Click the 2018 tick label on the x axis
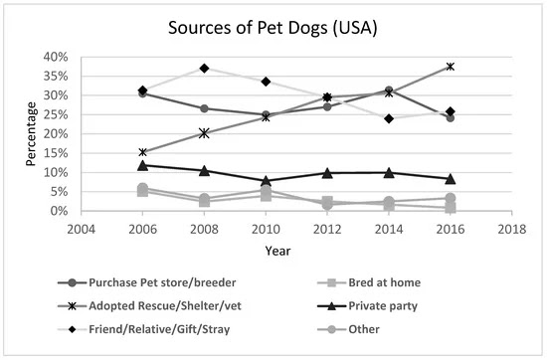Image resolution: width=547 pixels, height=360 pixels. coord(513,227)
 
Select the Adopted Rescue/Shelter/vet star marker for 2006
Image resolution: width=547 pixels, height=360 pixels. coord(143,152)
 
